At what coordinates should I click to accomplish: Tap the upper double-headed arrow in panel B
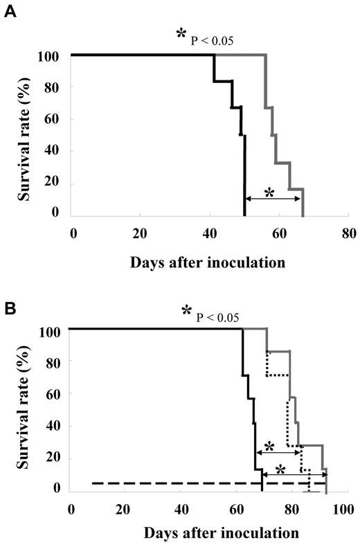[279, 452]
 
